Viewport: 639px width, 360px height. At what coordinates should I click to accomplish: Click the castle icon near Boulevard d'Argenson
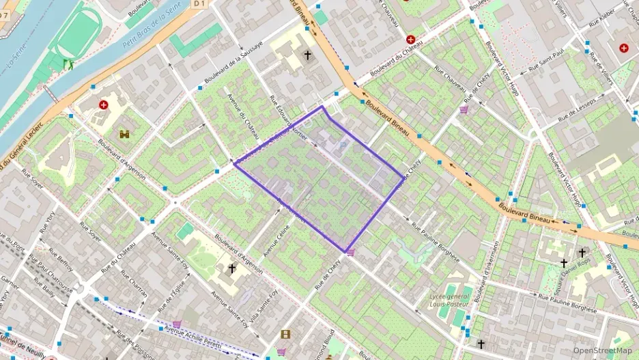coord(124,135)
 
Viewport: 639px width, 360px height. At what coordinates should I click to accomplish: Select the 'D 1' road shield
coord(199,4)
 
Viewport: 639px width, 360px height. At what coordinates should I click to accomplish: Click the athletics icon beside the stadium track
coord(68,65)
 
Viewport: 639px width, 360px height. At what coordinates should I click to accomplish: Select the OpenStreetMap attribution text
coord(601,350)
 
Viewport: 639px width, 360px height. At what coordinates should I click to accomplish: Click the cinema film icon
coord(285,334)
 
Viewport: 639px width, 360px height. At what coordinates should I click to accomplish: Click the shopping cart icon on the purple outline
coord(351,253)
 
